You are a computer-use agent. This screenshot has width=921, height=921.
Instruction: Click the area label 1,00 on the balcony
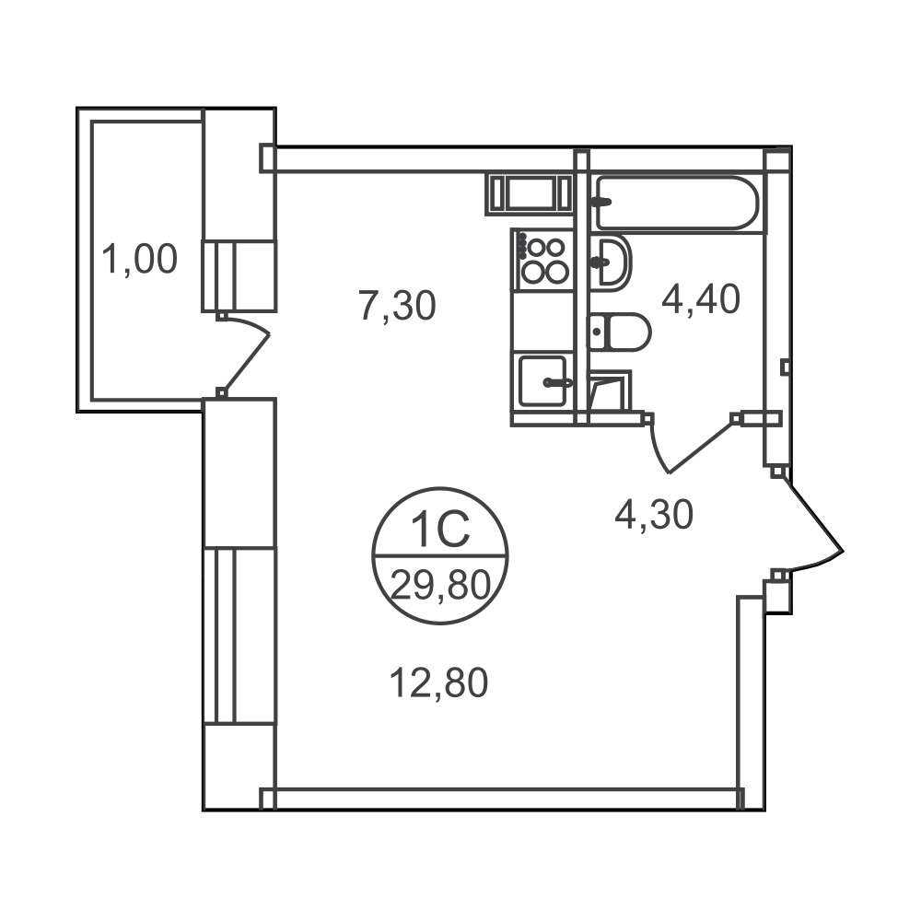pyautogui.click(x=140, y=260)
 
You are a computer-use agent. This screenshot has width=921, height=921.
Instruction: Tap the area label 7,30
pyautogui.click(x=398, y=306)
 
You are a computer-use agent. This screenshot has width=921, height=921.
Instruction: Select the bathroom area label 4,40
pyautogui.click(x=701, y=299)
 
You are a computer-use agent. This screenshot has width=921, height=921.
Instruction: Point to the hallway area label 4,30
pyautogui.click(x=654, y=515)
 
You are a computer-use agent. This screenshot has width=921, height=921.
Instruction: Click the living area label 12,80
pyautogui.click(x=439, y=683)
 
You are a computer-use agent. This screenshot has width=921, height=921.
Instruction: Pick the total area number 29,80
pyautogui.click(x=440, y=586)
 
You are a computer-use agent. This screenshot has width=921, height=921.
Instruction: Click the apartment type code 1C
pyautogui.click(x=440, y=529)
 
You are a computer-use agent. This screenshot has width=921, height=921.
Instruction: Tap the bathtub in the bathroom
pyautogui.click(x=677, y=203)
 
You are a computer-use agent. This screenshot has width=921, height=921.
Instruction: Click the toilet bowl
pyautogui.click(x=620, y=332)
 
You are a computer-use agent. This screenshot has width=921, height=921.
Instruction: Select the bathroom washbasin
pyautogui.click(x=611, y=262)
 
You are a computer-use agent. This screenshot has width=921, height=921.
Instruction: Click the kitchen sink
pyautogui.click(x=542, y=380)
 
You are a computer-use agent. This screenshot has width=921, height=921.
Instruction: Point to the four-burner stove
pyautogui.click(x=542, y=260)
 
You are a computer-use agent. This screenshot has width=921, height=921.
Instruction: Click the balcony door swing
pyautogui.click(x=244, y=356)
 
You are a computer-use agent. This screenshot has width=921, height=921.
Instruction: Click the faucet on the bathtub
pyautogui.click(x=600, y=202)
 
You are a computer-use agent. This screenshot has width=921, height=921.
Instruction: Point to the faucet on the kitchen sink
pyautogui.click(x=557, y=382)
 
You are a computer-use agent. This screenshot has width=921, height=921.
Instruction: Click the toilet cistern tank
pyautogui.click(x=597, y=332)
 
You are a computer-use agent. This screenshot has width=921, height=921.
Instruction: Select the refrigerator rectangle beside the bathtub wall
pyautogui.click(x=529, y=194)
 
